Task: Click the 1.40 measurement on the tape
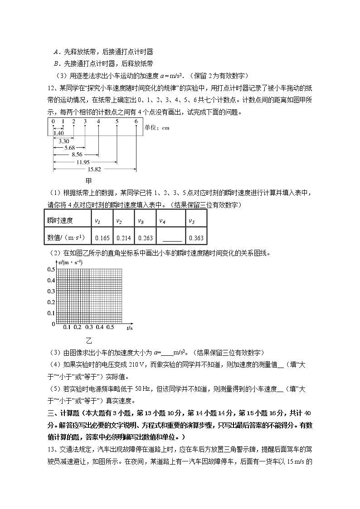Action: coord(58,133)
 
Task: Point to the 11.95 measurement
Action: coord(83,162)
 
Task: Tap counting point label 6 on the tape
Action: coord(136,121)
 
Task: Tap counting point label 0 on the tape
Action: coord(53,121)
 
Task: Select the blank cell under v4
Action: coord(171,238)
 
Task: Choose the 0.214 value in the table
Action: coord(123,238)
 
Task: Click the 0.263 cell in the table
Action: coord(145,238)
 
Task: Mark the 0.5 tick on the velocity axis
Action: coord(50,270)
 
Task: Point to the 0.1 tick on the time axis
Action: coord(66,327)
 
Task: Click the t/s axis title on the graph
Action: coord(130,327)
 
